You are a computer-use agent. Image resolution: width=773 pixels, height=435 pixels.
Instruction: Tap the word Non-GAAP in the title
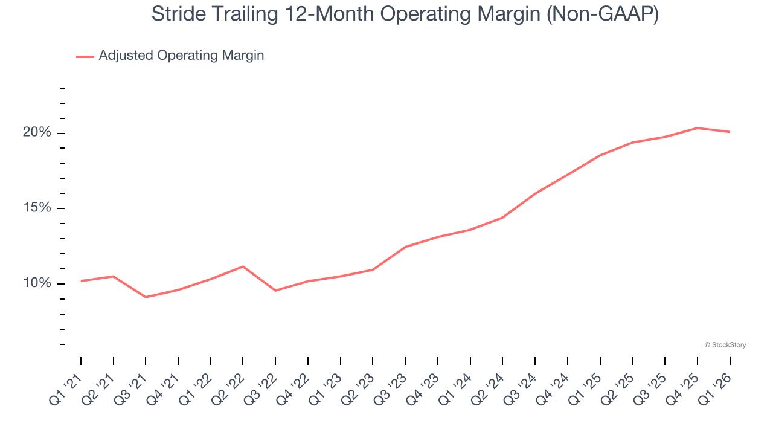pyautogui.click(x=604, y=14)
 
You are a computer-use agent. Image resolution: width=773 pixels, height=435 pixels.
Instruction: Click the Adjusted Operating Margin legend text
pyautogui.click(x=181, y=56)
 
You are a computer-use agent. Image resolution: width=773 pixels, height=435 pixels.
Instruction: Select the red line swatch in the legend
pyautogui.click(x=85, y=56)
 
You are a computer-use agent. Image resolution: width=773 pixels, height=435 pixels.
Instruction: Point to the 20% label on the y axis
pyautogui.click(x=37, y=132)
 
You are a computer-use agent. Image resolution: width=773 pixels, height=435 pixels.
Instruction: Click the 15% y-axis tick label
pyautogui.click(x=37, y=208)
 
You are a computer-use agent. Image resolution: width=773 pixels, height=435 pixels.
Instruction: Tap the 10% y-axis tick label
pyautogui.click(x=37, y=283)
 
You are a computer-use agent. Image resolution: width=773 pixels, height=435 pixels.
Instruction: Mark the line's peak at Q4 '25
pyautogui.click(x=698, y=128)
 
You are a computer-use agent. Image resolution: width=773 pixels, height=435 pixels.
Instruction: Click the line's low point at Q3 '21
pyautogui.click(x=146, y=297)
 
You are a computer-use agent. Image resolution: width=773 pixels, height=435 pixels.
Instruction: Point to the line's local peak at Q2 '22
pyautogui.click(x=243, y=266)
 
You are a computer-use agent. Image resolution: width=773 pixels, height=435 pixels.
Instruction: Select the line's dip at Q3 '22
pyautogui.click(x=275, y=291)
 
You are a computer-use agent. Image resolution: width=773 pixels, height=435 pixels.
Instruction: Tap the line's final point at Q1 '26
pyautogui.click(x=730, y=132)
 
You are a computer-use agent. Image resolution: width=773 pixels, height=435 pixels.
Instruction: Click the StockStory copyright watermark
pyautogui.click(x=725, y=345)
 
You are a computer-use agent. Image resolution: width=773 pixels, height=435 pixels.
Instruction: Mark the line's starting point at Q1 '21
pyautogui.click(x=81, y=281)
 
